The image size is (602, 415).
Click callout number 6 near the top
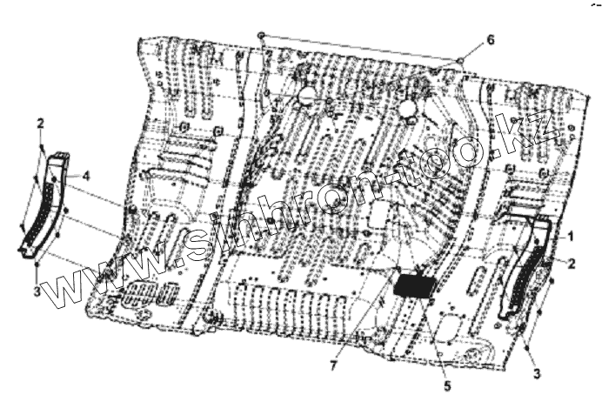pyautogui.click(x=490, y=40)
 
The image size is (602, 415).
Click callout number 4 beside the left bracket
pyautogui.click(x=86, y=177)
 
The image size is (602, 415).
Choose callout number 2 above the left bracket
pyautogui.click(x=40, y=124)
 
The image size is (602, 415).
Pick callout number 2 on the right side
pyautogui.click(x=571, y=262)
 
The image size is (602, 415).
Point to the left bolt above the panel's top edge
pyautogui.click(x=260, y=35)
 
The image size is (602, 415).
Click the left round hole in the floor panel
pyautogui.click(x=305, y=97)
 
